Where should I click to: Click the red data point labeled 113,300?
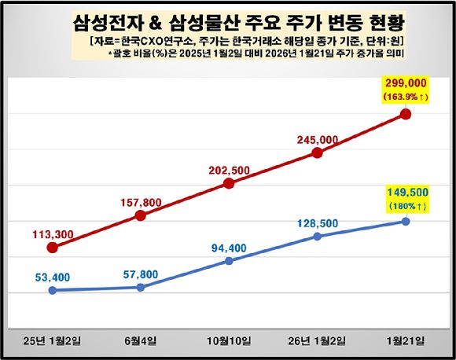pyautogui.click(x=52, y=248)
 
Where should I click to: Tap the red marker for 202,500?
pyautogui.click(x=229, y=183)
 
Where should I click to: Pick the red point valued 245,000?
pyautogui.click(x=317, y=152)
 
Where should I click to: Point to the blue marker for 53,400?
pyautogui.click(x=52, y=290)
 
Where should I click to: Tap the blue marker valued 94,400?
pyautogui.click(x=229, y=260)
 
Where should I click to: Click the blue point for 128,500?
pyautogui.click(x=317, y=235)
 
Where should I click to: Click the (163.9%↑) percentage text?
pyautogui.click(x=406, y=97)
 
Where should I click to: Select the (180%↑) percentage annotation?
pyautogui.click(x=406, y=206)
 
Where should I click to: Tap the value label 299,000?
pyautogui.click(x=406, y=83)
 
